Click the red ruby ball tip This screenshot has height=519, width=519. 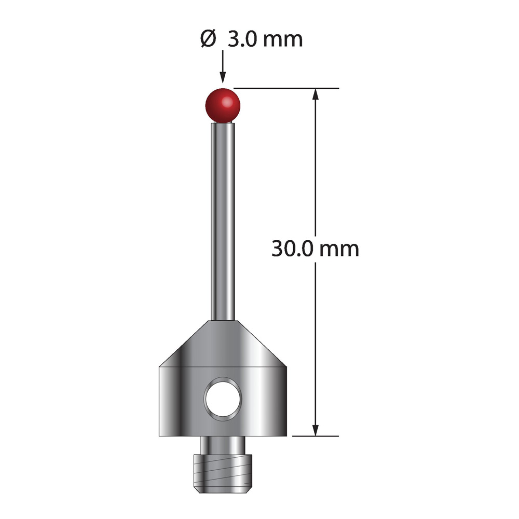click(x=223, y=105)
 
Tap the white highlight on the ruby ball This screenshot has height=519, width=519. click(x=227, y=102)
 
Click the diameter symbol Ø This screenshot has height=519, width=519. click(x=209, y=39)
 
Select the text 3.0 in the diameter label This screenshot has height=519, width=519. click(x=242, y=39)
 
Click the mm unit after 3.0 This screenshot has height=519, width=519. click(x=283, y=40)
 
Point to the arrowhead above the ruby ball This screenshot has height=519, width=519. click(x=223, y=77)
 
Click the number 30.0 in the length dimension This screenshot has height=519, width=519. click(x=292, y=249)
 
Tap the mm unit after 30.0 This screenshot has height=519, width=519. click(x=339, y=250)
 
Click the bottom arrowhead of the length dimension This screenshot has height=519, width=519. click(x=316, y=430)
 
